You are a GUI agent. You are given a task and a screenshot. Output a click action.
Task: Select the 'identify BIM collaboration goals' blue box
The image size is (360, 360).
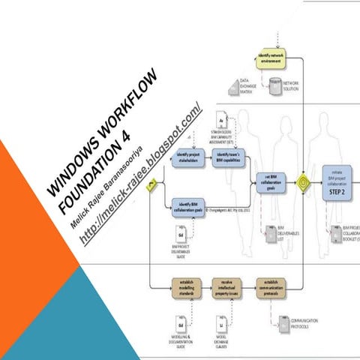[x=190, y=208]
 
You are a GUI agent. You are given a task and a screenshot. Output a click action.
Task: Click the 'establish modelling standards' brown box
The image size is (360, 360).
[x=186, y=286]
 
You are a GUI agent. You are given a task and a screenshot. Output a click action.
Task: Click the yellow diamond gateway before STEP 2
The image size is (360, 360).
[x=302, y=181]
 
